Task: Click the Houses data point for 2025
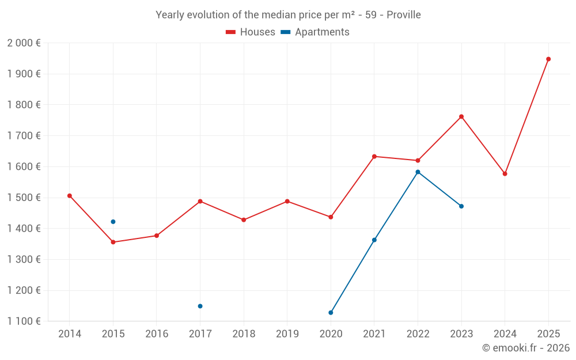coord(548,59)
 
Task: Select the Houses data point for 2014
coord(70,196)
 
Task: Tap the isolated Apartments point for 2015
coord(113,222)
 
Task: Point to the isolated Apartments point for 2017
coord(200,306)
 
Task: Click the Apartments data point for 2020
coord(331,313)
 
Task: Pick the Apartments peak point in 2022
coord(418,172)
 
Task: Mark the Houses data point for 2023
coord(461,116)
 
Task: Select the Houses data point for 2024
coord(505,174)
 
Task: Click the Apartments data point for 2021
coord(374,240)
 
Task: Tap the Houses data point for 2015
coord(113,242)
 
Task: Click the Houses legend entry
coord(251,32)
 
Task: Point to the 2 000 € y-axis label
coord(24,43)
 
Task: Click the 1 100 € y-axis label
coord(24,321)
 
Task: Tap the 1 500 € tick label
coord(24,198)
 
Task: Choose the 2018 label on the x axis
coord(244,334)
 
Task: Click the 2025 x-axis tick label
coord(548,334)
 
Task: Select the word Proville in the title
coord(404,15)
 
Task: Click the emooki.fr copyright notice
coord(526,348)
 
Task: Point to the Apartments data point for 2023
coord(461,206)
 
